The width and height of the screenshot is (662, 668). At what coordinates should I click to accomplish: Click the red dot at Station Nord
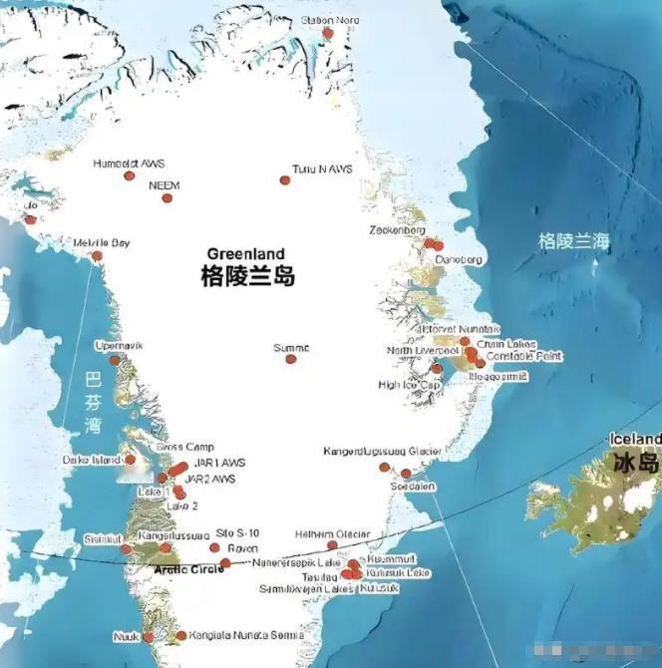pyautogui.click(x=327, y=34)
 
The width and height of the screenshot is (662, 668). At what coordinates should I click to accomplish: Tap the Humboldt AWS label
pyautogui.click(x=129, y=163)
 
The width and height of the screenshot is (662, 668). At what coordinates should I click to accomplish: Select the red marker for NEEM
pyautogui.click(x=167, y=198)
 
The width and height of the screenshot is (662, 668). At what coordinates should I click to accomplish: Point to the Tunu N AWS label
pyautogui.click(x=322, y=168)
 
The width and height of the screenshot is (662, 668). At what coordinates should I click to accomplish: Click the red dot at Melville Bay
pyautogui.click(x=97, y=256)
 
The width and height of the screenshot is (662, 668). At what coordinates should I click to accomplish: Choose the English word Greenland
pyautogui.click(x=245, y=253)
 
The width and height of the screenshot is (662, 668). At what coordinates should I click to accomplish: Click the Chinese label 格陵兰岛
pyautogui.click(x=247, y=276)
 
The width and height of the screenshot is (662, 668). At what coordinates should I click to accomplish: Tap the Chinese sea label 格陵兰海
pyautogui.click(x=573, y=240)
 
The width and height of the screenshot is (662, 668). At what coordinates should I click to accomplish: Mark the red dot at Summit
pyautogui.click(x=291, y=359)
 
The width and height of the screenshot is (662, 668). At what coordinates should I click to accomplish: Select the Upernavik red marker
pyautogui.click(x=115, y=360)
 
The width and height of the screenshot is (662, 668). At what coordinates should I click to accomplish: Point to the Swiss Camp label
pyautogui.click(x=185, y=448)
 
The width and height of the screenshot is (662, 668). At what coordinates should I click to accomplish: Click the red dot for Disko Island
pyautogui.click(x=131, y=460)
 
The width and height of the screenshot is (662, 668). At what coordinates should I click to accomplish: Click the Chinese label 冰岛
pyautogui.click(x=636, y=463)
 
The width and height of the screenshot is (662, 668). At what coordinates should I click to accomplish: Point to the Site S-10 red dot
pyautogui.click(x=214, y=547)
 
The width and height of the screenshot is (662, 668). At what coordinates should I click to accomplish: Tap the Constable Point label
pyautogui.click(x=524, y=356)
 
